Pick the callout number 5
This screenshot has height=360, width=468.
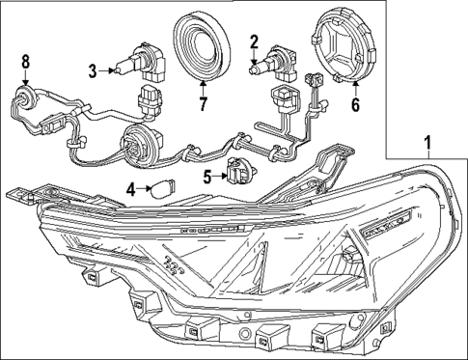pos(207,176)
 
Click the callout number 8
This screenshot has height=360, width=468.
pos(27,65)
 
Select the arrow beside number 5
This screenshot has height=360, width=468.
pos(218,176)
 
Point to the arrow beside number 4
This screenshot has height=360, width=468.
pos(144,190)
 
